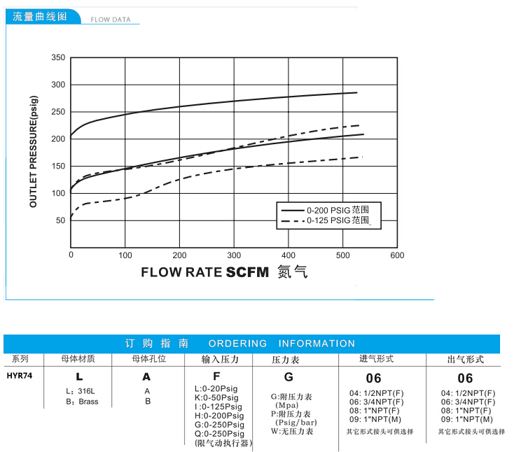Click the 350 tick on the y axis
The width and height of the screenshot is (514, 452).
coord(58,57)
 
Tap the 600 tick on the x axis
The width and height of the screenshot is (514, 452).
coord(397,255)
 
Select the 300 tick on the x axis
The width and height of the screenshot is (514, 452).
coord(234,255)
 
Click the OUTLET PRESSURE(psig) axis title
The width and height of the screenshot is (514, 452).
coord(33,151)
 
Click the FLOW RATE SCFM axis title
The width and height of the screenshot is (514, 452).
coord(205,272)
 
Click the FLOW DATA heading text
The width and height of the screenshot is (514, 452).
coord(111,20)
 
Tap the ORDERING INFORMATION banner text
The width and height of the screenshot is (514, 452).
coord(282,344)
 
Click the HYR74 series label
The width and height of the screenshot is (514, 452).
coord(18,374)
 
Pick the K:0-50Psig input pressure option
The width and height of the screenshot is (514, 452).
coord(216,397)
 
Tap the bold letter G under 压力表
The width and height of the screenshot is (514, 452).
coord(289,376)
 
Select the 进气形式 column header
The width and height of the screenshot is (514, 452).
coord(377,359)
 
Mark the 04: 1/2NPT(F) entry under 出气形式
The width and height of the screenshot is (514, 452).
coord(468,393)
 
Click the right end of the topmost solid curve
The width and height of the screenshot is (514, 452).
coord(357,92)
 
